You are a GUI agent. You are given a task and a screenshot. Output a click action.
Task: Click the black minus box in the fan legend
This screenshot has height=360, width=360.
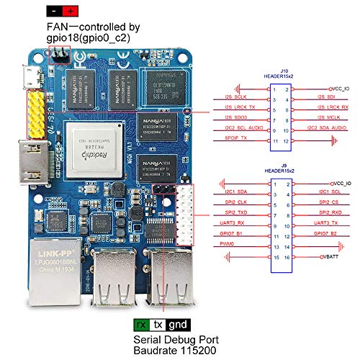54,12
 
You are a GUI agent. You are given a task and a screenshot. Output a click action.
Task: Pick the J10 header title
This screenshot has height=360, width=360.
279,73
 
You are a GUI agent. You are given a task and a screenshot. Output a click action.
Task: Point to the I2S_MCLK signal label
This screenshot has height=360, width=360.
328,117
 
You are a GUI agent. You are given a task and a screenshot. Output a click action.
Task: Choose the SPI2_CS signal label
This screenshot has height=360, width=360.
330,204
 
